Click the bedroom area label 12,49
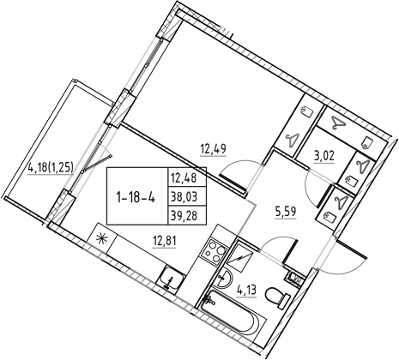click(214, 149)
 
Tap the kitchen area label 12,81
click(164, 242)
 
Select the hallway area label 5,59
click(285, 212)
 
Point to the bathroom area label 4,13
click(246, 291)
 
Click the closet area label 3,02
click(324, 157)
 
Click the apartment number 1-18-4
click(136, 197)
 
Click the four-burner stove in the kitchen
click(214, 250)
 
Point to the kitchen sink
click(172, 279)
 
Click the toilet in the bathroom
click(277, 297)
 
